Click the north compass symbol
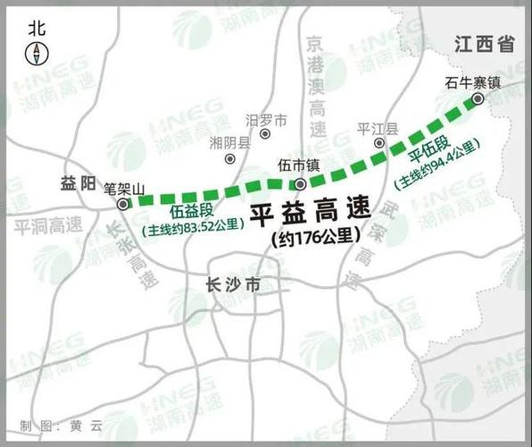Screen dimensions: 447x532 (x=37, y=54)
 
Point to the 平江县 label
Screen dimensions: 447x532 (x=375, y=128)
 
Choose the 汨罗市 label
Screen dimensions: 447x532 (x=267, y=120)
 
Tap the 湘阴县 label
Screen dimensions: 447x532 (x=230, y=142)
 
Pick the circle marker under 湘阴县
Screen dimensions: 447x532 (x=230, y=159)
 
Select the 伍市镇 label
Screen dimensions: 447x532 (x=299, y=165)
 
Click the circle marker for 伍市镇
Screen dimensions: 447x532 (x=300, y=184)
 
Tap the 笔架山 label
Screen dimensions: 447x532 (x=124, y=188)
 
